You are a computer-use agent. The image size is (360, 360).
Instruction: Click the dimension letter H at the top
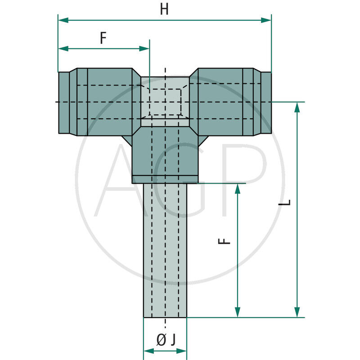pos(164,9)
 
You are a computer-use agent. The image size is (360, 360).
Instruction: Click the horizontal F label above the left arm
pos(103,39)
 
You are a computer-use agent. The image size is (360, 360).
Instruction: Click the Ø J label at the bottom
pos(165,341)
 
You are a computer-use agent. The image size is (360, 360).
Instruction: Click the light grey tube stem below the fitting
pos(165,252)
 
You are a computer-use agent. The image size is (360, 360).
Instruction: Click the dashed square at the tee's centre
pos(165,101)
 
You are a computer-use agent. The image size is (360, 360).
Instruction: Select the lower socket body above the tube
pos(165,155)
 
